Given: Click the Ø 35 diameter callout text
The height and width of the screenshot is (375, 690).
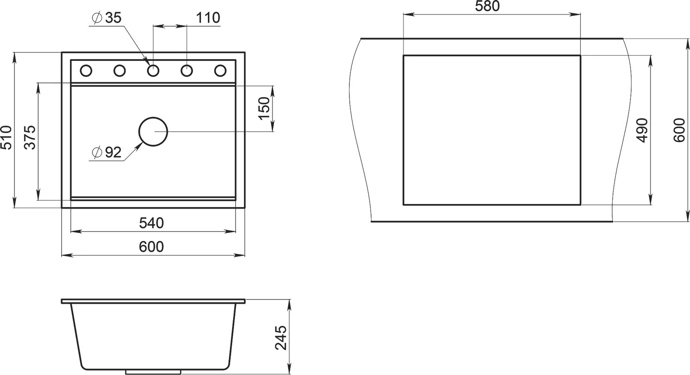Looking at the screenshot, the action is click(x=107, y=18).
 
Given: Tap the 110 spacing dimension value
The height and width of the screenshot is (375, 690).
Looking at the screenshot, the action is click(x=208, y=18).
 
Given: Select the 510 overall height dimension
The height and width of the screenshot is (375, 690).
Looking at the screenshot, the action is click(x=6, y=137).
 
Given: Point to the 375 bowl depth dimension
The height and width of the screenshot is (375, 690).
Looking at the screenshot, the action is click(x=30, y=137).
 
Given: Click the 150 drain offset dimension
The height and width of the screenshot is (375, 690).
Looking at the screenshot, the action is click(x=264, y=108).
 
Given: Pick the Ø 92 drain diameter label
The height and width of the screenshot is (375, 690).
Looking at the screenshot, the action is click(x=107, y=152).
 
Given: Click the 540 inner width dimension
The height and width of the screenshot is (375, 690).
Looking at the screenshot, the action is click(x=151, y=223).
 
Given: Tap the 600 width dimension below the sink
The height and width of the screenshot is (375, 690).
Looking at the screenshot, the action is click(x=151, y=247).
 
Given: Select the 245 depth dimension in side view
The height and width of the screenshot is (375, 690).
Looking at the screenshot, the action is click(x=281, y=337).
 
